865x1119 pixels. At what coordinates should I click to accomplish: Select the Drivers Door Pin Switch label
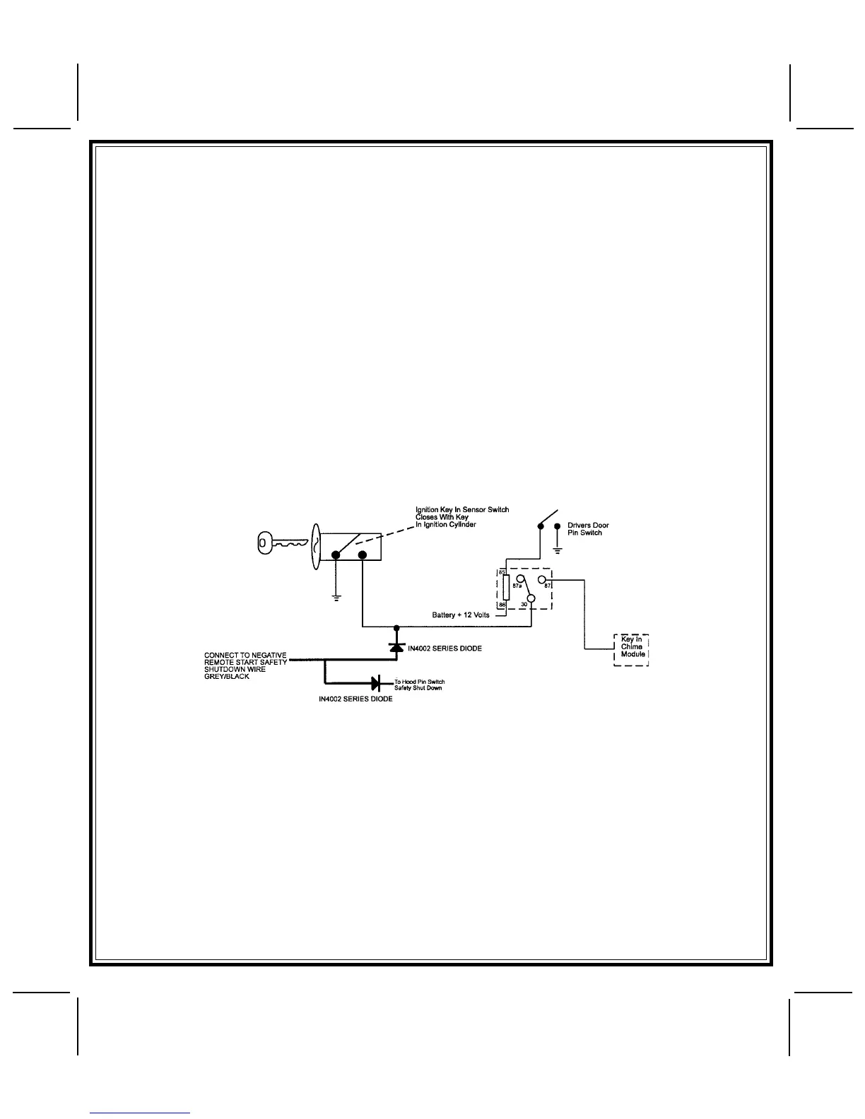pos(588,529)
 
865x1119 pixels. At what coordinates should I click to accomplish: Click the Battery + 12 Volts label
pos(461,615)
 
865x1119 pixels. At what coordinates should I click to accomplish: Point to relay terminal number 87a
pos(517,586)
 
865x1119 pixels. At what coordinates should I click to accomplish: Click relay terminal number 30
pos(524,605)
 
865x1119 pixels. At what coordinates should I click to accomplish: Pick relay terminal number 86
pos(502,605)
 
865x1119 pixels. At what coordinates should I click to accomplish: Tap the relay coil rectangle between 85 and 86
pos(505,589)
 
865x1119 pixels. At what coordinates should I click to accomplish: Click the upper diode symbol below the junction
pos(396,647)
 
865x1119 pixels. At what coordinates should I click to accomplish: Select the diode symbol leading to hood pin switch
pos(376,683)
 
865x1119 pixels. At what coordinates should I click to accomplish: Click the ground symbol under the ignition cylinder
pos(336,598)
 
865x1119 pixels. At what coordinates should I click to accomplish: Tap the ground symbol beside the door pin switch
pos(558,550)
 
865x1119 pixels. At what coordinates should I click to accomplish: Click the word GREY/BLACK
pos(226,677)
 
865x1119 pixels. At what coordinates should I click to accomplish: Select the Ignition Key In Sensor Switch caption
pos(462,510)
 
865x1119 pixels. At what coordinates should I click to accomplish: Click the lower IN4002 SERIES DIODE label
pos(355,699)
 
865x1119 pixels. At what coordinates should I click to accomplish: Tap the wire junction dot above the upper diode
pos(396,627)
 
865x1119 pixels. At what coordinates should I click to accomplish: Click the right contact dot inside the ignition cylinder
pos(362,555)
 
